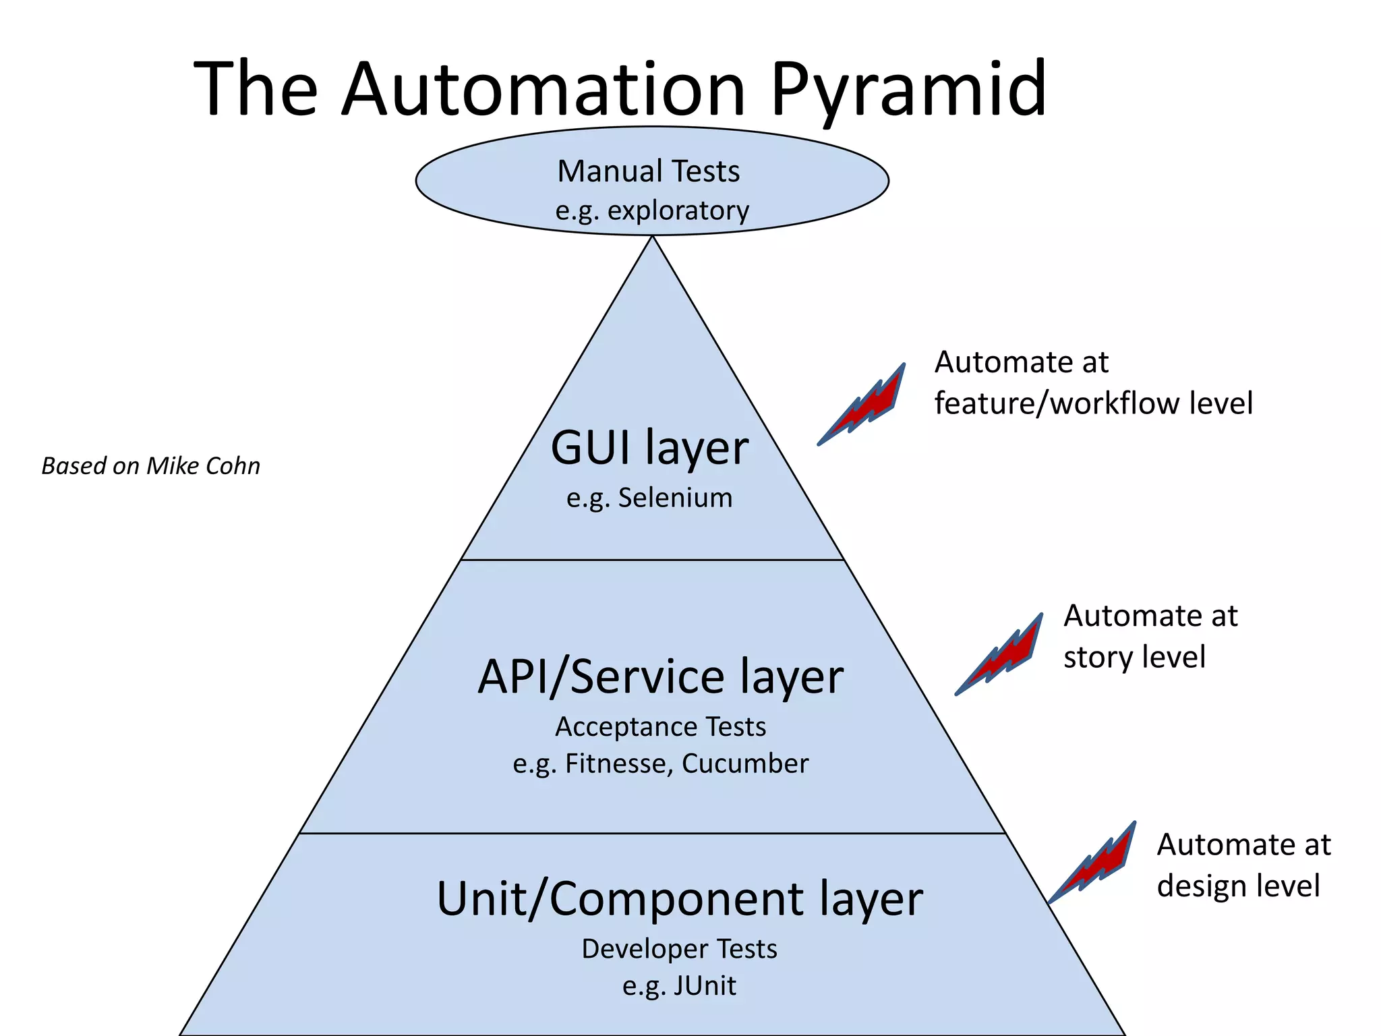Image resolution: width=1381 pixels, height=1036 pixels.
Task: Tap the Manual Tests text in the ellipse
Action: tap(648, 171)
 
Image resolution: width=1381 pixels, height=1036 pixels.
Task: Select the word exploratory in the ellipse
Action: tap(678, 211)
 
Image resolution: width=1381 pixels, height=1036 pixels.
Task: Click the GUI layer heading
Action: tap(649, 448)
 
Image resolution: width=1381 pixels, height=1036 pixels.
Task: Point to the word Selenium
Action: tap(675, 498)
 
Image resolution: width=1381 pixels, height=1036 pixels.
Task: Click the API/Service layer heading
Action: tap(660, 677)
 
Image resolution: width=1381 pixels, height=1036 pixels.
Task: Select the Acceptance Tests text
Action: tap(660, 727)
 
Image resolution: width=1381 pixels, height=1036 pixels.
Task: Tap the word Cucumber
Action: tap(744, 764)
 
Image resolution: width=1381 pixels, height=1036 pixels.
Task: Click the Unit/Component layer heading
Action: tap(679, 899)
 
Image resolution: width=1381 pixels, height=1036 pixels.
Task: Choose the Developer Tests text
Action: tap(679, 949)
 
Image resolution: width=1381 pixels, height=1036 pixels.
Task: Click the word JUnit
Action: tap(704, 986)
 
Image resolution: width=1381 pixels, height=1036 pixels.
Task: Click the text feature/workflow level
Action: tap(1093, 403)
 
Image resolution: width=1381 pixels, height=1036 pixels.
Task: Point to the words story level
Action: tap(1134, 658)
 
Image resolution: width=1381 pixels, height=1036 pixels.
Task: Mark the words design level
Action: tap(1238, 886)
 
